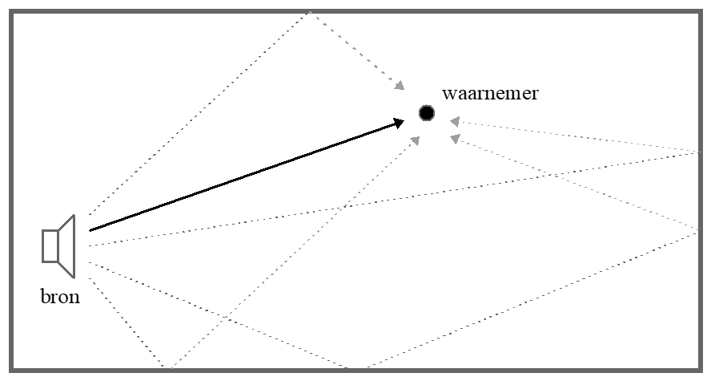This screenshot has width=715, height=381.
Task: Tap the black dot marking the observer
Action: pyautogui.click(x=426, y=113)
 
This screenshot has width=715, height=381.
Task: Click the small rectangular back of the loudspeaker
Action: pyautogui.click(x=50, y=245)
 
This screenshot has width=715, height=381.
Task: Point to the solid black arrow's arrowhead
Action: pyautogui.click(x=400, y=122)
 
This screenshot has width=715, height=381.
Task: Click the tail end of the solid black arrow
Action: pyautogui.click(x=90, y=230)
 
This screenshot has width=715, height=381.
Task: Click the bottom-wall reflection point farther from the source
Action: pyautogui.click(x=347, y=368)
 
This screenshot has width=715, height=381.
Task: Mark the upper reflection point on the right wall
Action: pyautogui.click(x=702, y=151)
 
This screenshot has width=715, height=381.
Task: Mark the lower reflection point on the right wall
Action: pyautogui.click(x=702, y=231)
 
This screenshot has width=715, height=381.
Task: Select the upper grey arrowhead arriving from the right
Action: pyautogui.click(x=453, y=122)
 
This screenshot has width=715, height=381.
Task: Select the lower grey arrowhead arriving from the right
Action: pyautogui.click(x=455, y=138)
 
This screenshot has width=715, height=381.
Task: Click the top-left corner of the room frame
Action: pyautogui.click(x=10, y=10)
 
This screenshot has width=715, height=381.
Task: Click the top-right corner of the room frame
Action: pyautogui.click(x=705, y=10)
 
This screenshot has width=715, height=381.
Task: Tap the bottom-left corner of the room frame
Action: pyautogui.click(x=10, y=371)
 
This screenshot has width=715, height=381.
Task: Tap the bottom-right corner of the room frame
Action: pyautogui.click(x=705, y=371)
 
